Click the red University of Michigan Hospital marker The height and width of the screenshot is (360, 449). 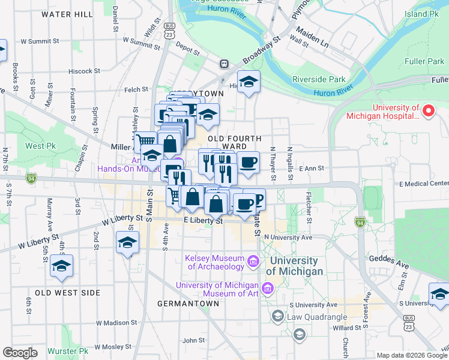tap(429, 111)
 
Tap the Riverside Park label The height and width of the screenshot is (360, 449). tap(319, 79)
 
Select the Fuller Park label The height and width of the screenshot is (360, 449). tap(424, 61)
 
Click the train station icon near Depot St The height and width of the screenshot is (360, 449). tap(224, 64)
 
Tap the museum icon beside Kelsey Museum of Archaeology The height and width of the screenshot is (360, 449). tap(253, 262)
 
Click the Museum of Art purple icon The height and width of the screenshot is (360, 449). tap(268, 289)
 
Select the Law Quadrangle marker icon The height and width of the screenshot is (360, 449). tap(277, 316)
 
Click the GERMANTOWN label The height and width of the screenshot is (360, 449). tap(188, 304)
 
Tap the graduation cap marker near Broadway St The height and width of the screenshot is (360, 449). tap(247, 82)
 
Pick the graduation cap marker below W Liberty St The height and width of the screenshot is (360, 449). tap(127, 243)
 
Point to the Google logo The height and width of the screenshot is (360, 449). tap(20, 353)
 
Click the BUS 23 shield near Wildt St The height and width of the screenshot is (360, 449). tap(170, 31)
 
